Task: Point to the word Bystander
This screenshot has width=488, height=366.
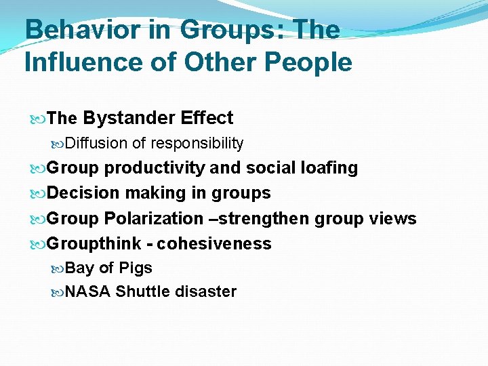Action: tap(129, 118)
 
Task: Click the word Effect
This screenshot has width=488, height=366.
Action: tap(207, 118)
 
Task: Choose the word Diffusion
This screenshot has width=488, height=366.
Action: tap(97, 143)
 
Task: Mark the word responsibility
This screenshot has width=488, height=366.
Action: tap(197, 143)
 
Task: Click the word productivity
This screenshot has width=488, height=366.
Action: tap(155, 168)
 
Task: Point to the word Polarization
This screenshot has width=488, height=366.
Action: tap(152, 218)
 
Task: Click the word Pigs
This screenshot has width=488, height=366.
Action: tap(135, 268)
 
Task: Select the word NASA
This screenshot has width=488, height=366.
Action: tap(88, 292)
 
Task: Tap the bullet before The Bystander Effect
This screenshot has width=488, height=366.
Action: tap(39, 119)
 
